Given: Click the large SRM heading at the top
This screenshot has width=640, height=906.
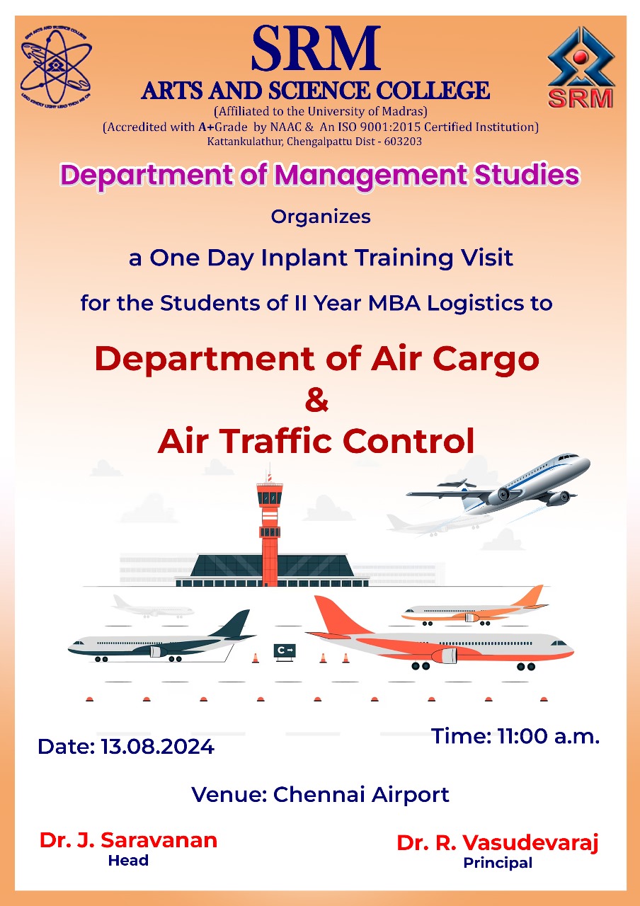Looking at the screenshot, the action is tap(316, 48).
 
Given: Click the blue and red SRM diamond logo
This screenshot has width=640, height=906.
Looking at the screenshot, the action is tap(581, 67).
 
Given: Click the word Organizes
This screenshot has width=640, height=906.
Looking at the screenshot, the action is tap(321, 217).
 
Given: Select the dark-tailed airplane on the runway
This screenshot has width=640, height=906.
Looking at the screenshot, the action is tap(162, 641).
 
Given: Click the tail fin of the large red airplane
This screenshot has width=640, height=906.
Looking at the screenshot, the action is tap(338, 616).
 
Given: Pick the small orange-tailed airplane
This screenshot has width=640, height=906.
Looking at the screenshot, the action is tap(475, 606).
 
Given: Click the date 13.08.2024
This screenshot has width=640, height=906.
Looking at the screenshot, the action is tap(157, 746).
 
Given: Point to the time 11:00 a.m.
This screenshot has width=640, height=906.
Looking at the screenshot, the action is tap(548, 735).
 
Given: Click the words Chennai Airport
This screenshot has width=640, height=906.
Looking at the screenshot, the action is tap(361, 794).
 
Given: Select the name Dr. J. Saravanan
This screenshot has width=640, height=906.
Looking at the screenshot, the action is tap(128, 840).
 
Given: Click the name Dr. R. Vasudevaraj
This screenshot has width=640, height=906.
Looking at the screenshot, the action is tap(497, 843).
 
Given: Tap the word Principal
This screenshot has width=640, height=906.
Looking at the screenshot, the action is tap(498, 863).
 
